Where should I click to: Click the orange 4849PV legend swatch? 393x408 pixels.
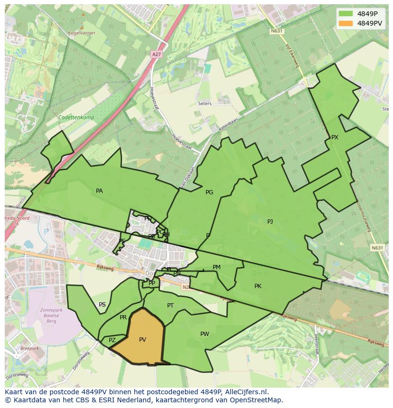(x=346, y=23)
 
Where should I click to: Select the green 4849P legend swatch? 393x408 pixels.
(x=346, y=14)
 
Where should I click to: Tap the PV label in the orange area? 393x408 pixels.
(x=142, y=340)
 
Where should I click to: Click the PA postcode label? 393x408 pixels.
(x=99, y=191)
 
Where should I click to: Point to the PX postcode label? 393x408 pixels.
(x=335, y=137)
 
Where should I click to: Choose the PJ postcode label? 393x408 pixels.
(x=270, y=221)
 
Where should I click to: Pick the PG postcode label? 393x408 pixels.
(x=209, y=192)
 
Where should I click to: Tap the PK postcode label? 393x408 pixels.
(x=258, y=286)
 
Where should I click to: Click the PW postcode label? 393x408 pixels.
(x=205, y=334)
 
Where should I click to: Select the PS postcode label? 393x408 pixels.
(x=102, y=305)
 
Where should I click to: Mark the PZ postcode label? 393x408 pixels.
(x=112, y=340)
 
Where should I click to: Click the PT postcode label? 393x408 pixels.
(x=170, y=306)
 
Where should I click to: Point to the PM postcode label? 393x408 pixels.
(x=216, y=267)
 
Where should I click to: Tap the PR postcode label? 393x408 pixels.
(x=123, y=317)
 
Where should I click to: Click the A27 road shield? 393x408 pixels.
(x=156, y=54)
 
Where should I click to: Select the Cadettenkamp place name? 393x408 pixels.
(x=76, y=118)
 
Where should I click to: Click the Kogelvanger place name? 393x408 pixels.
(x=82, y=33)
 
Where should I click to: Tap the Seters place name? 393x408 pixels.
(x=205, y=103)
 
